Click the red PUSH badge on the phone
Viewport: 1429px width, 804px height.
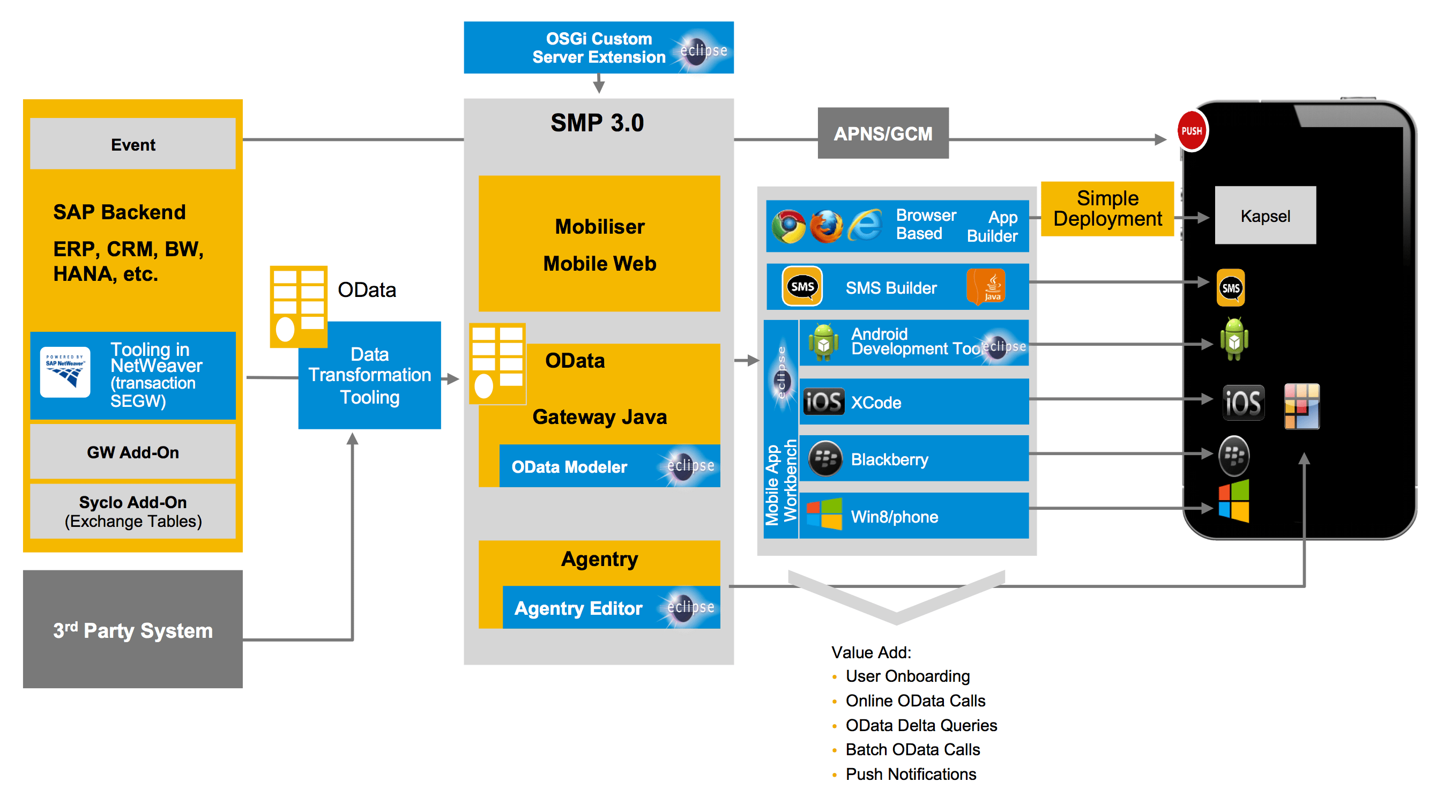tap(1192, 131)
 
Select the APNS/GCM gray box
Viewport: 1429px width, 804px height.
tap(883, 133)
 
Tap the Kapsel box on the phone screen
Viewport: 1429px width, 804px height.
tap(1265, 215)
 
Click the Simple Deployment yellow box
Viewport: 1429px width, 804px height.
tap(1107, 209)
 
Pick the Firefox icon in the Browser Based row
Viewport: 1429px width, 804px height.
tap(825, 226)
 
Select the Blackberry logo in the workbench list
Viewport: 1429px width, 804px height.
tap(825, 458)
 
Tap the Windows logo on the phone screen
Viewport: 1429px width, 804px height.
tap(1234, 501)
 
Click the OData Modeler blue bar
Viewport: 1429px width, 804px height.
tap(609, 466)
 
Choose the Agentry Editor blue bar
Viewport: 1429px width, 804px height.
tap(610, 608)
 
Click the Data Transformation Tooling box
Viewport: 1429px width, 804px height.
tap(369, 376)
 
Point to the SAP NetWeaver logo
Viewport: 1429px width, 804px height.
tap(65, 372)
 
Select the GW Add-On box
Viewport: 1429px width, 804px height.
tap(132, 452)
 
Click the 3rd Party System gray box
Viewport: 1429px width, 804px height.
tap(132, 629)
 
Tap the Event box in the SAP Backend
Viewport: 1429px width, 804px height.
tap(132, 144)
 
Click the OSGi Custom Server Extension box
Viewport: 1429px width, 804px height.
tap(598, 48)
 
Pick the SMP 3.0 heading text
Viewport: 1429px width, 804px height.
tap(597, 123)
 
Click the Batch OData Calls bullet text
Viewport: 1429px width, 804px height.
tap(912, 749)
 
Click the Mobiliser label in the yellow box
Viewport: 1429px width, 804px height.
tap(599, 226)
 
